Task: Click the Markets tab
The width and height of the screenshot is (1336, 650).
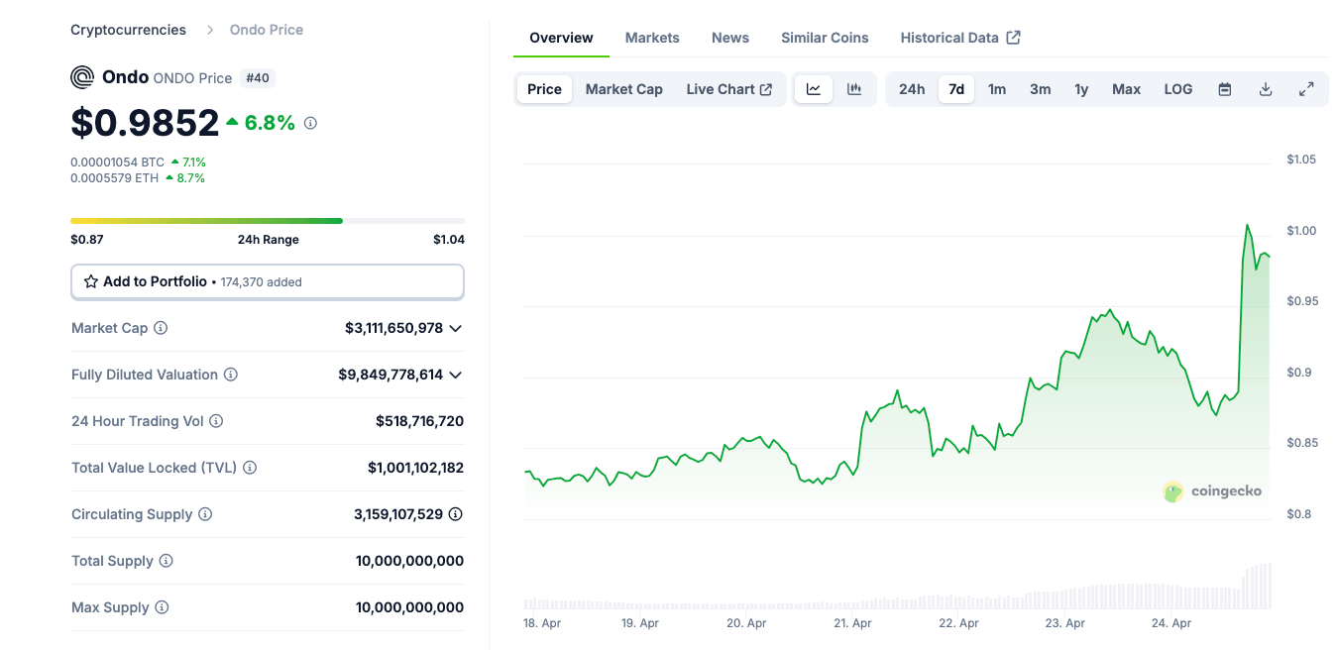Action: click(x=652, y=38)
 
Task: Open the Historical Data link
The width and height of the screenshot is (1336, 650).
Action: click(x=959, y=38)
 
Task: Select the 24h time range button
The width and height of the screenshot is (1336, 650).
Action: click(x=912, y=89)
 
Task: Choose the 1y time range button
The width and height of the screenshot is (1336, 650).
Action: click(x=1081, y=89)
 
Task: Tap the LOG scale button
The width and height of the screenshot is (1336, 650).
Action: click(x=1177, y=89)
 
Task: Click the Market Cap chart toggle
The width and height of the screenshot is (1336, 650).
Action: click(x=623, y=89)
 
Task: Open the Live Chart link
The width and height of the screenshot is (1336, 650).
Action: click(x=728, y=89)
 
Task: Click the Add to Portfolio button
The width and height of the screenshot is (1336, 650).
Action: click(x=267, y=281)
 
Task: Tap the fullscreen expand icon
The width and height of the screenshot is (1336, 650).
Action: click(x=1306, y=89)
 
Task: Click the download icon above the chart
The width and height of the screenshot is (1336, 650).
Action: click(x=1266, y=89)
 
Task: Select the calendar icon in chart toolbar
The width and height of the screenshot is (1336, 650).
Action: click(x=1225, y=89)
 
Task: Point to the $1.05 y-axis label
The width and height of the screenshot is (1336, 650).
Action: click(x=1300, y=160)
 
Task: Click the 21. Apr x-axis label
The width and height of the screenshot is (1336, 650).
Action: click(x=852, y=623)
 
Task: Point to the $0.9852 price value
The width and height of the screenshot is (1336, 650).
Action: click(x=145, y=123)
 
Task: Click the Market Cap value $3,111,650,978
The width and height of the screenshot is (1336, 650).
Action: click(x=393, y=328)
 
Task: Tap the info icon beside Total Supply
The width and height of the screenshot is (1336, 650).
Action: click(x=167, y=561)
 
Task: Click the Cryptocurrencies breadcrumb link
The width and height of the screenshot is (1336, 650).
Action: click(x=128, y=30)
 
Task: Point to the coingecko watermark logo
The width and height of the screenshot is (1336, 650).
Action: click(x=1212, y=491)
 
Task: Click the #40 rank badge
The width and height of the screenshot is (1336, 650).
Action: click(x=257, y=77)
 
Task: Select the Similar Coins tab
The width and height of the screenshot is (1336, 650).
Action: click(x=825, y=38)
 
